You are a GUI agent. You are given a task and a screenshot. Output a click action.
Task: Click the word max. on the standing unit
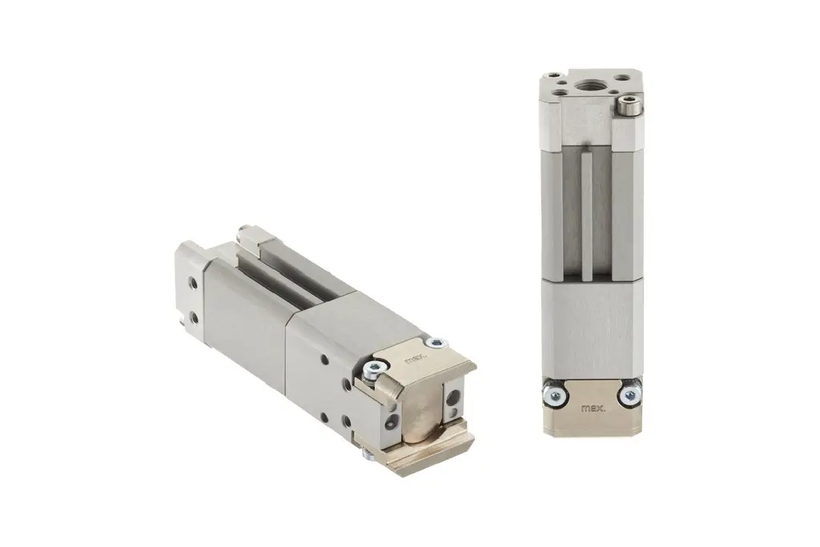(593, 408)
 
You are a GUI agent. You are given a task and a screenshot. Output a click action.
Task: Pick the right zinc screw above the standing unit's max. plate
(629, 392)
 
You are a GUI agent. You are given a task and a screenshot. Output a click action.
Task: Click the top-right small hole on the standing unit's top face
(622, 78)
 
